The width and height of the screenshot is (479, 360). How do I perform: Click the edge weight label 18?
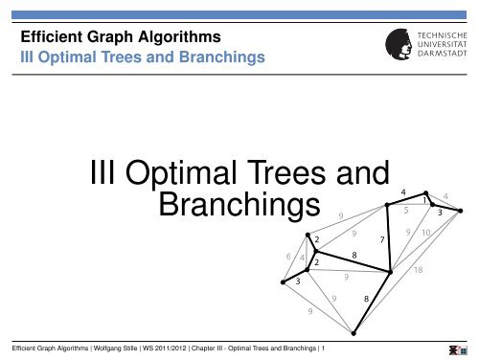tap(418, 271)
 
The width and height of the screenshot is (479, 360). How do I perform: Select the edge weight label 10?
tap(426, 233)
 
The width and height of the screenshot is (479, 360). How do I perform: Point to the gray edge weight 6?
tap(289, 256)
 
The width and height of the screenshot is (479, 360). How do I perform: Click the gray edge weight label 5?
tap(406, 210)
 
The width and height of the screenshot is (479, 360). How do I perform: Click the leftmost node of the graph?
tap(284, 282)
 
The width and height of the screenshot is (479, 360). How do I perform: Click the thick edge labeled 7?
tap(394, 235)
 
